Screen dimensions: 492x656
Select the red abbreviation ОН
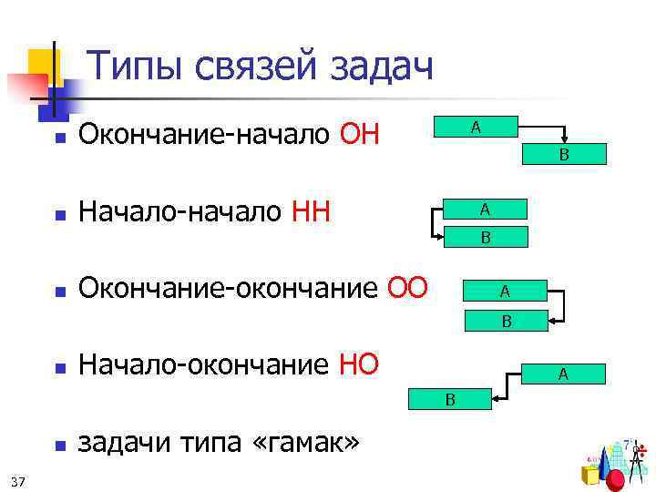click(359, 137)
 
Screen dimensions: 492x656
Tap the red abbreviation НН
click(311, 212)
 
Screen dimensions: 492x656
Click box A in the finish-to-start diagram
click(475, 127)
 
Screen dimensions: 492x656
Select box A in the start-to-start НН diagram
click(486, 210)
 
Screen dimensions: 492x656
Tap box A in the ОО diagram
click(504, 292)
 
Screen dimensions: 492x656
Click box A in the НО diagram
click(563, 373)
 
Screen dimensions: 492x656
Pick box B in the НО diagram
click(449, 399)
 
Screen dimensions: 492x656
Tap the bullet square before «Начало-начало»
click(57, 217)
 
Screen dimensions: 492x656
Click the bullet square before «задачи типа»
click(57, 446)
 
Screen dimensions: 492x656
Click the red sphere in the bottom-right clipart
click(616, 479)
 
